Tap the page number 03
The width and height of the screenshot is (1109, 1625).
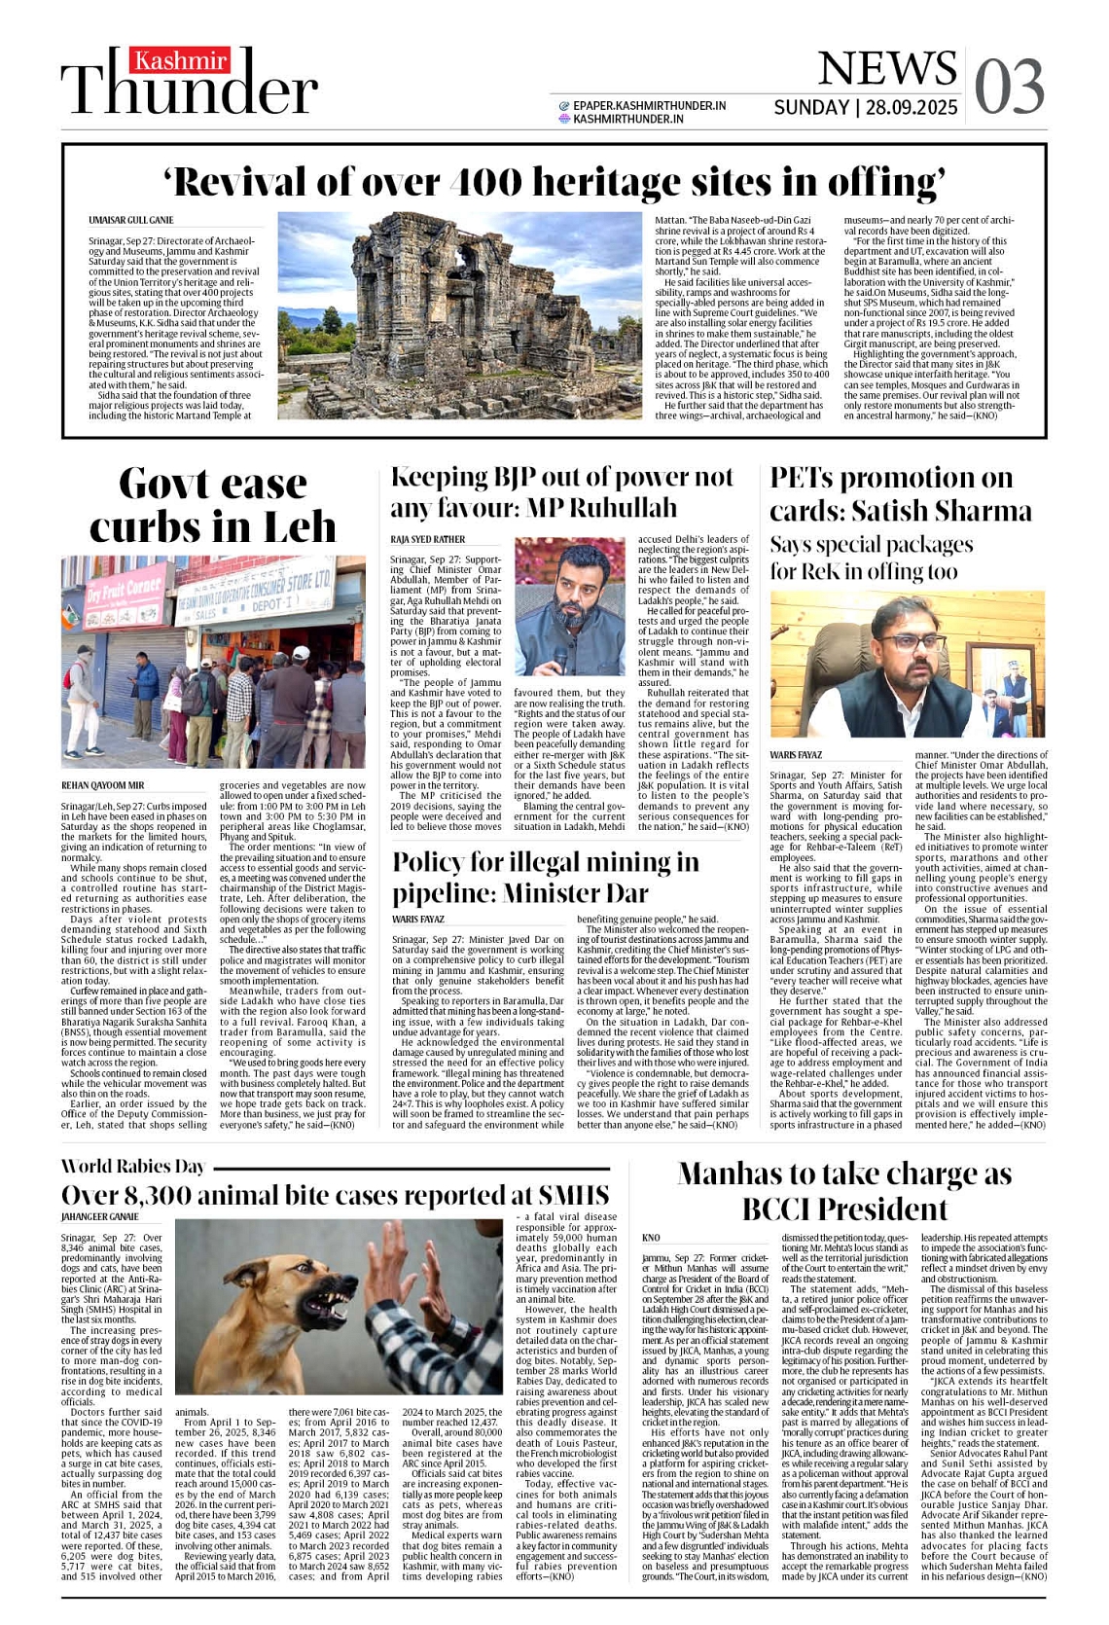(x=1009, y=87)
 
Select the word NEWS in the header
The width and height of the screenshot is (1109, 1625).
(x=886, y=68)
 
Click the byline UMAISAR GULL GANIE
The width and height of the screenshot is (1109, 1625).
(x=131, y=221)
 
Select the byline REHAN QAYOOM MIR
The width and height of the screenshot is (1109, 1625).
(x=102, y=785)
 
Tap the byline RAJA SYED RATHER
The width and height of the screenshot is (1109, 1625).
(x=427, y=539)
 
